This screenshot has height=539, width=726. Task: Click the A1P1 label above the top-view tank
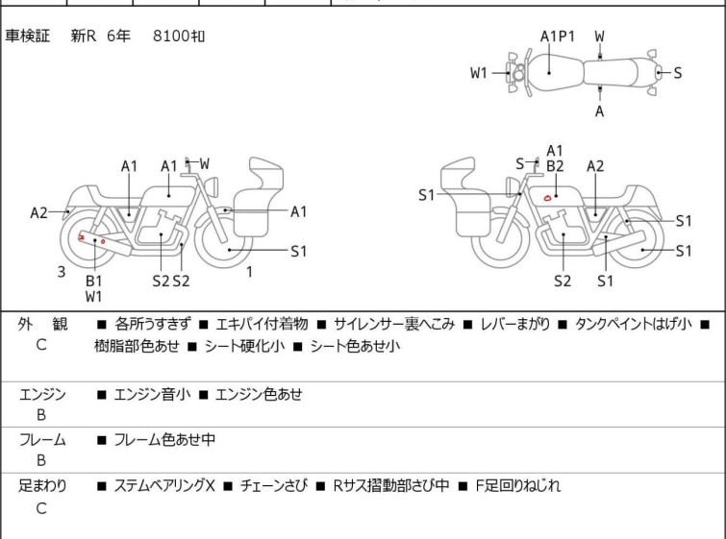(558, 37)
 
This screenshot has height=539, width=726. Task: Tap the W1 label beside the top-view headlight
(479, 73)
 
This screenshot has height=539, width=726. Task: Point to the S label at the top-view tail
(677, 73)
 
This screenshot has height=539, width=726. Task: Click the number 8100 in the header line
(171, 36)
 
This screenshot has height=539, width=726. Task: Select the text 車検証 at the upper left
(27, 36)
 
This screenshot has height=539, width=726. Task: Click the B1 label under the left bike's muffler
(93, 281)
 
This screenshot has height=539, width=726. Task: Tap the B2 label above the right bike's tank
(555, 166)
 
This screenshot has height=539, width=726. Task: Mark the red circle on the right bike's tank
(547, 198)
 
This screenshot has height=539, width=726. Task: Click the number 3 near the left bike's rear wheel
(62, 272)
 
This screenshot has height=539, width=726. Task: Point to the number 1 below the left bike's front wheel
(250, 272)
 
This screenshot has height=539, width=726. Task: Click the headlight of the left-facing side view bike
(512, 187)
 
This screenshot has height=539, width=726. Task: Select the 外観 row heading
(42, 324)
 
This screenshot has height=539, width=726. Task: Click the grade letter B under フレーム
(41, 460)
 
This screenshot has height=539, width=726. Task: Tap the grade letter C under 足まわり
(41, 508)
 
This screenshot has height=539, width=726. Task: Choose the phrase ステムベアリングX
(164, 486)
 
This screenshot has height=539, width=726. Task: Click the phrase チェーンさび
(274, 486)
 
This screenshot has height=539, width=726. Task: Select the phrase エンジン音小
(152, 394)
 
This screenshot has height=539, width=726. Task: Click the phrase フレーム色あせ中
(164, 439)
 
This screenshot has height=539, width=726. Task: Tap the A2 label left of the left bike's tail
(38, 213)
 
